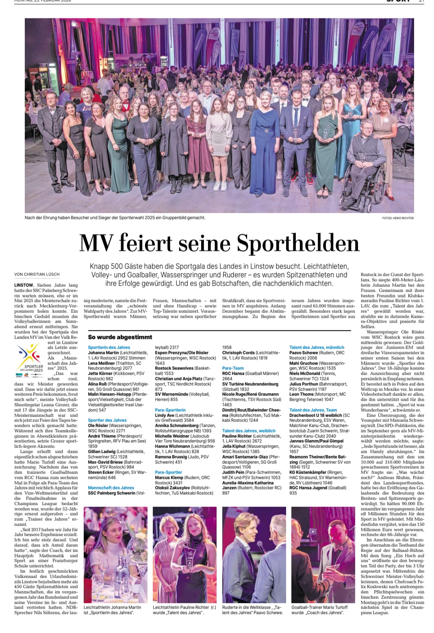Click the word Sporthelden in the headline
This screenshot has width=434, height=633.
coord(298,243)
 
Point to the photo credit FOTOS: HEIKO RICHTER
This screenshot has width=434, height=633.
coord(397,218)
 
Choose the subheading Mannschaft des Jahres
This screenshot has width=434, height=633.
coord(111,487)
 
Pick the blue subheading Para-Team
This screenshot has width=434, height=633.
coord(233,368)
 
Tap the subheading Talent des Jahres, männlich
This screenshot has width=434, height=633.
coord(317,347)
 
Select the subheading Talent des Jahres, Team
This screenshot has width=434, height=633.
coord(313,410)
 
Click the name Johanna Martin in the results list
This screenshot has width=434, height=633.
coord(104,353)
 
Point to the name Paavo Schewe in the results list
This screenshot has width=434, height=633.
coord(304,353)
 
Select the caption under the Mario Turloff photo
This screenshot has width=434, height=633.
coord(319,610)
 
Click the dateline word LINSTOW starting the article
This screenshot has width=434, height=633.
coord(24,285)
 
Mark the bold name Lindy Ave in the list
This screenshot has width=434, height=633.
coord(165,415)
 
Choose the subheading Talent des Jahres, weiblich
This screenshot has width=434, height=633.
coord(249,430)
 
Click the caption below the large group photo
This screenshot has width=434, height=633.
coord(115,218)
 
